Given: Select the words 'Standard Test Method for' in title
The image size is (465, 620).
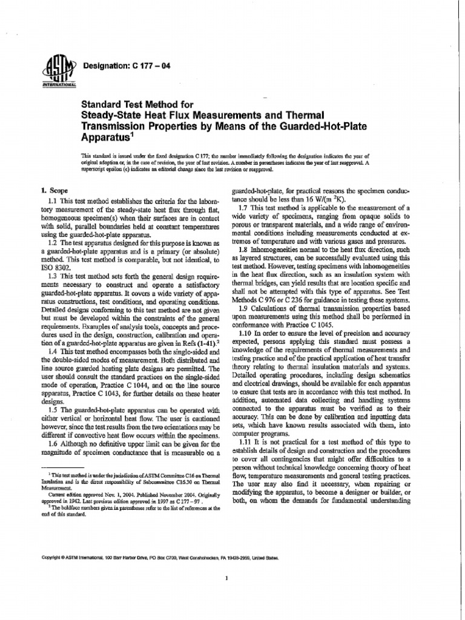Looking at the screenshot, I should tap(132, 104).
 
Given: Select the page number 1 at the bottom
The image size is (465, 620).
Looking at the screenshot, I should tap(225, 578).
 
